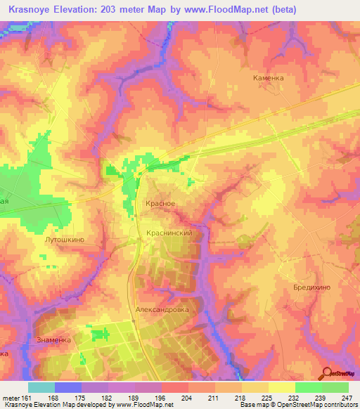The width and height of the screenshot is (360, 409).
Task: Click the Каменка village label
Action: pyautogui.click(x=269, y=78)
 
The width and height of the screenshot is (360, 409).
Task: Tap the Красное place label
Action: pyautogui.click(x=160, y=203)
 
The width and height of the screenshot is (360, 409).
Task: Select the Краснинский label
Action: pyautogui.click(x=169, y=231)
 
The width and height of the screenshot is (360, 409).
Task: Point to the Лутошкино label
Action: pyautogui.click(x=65, y=240)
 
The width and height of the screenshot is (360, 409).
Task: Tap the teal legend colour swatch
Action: pyautogui.click(x=41, y=387)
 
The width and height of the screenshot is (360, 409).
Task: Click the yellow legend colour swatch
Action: pyautogui.click(x=282, y=387)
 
